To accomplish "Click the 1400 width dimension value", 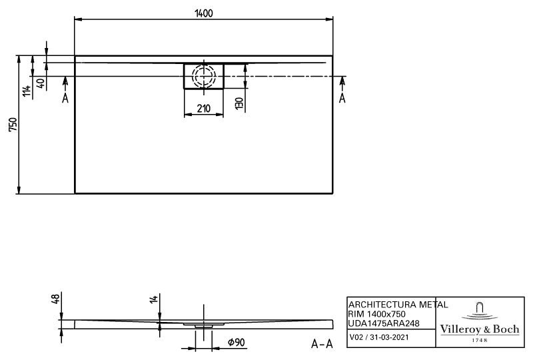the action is coord(204,13).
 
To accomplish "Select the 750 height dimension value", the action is coord(13,125).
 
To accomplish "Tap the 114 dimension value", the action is coord(27,91).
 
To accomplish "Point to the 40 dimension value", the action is coord(41,83).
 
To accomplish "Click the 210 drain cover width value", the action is coord(204,109).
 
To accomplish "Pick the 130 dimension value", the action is coord(239,103).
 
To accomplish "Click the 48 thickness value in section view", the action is coord(55,299).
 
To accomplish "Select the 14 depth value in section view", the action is coord(154,299).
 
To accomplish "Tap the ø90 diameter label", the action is coord(236,342).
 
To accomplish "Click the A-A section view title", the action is coord(322,344).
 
